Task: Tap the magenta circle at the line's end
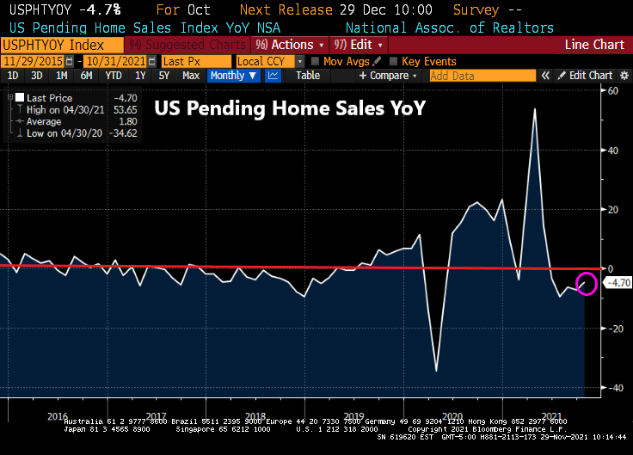(x=587, y=283)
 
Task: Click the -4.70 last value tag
(x=618, y=282)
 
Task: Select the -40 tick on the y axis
(x=615, y=388)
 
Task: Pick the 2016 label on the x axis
(x=57, y=416)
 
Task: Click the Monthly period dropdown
(x=233, y=76)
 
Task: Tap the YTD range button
(x=114, y=76)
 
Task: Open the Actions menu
(x=293, y=45)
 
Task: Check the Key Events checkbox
(x=395, y=61)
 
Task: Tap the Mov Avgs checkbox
(x=316, y=61)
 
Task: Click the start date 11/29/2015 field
(x=37, y=61)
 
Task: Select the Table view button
(x=308, y=76)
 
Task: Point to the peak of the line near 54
(x=534, y=109)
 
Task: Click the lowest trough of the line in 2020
(x=436, y=372)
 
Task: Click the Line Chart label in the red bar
(x=594, y=45)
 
